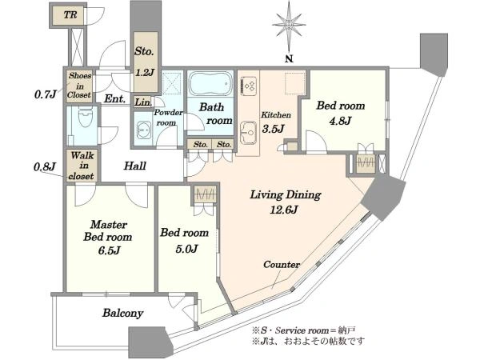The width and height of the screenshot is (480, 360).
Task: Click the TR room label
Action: click(x=70, y=14)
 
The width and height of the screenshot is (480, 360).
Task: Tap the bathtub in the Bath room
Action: click(x=210, y=83)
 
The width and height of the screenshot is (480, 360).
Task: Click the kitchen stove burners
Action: click(x=248, y=84)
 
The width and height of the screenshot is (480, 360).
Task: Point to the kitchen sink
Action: click(x=248, y=132)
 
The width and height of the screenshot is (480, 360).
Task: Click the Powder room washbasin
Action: click(x=143, y=130)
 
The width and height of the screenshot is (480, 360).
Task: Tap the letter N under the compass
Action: click(x=289, y=58)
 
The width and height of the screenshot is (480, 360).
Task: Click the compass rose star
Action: click(x=289, y=23)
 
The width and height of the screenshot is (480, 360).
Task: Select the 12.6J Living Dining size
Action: click(x=283, y=210)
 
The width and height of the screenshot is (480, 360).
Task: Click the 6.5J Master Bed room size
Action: click(x=109, y=250)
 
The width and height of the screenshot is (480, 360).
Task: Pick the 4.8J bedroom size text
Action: click(x=340, y=121)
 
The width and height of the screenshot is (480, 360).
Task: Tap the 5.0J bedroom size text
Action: click(x=186, y=248)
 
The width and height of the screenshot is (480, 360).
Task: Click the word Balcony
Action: click(x=122, y=313)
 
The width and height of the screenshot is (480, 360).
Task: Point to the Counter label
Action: click(x=282, y=264)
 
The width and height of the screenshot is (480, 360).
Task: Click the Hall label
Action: click(x=134, y=166)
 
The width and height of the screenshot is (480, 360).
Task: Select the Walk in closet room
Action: click(x=82, y=166)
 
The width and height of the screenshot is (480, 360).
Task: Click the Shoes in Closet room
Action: click(x=79, y=86)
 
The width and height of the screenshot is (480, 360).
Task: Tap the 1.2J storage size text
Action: click(x=145, y=73)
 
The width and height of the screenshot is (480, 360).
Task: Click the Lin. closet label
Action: click(x=143, y=102)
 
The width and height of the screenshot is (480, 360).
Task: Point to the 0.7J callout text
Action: click(x=46, y=94)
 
